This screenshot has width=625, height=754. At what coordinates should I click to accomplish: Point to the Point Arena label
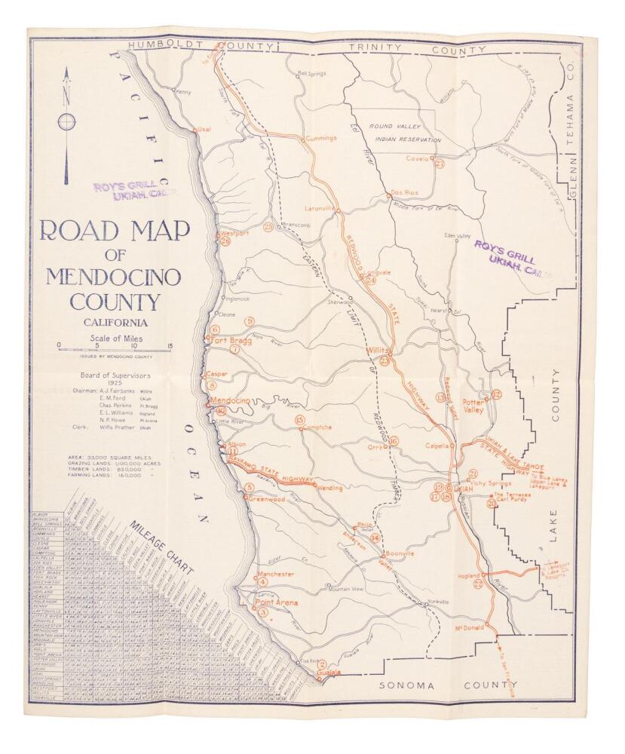point(276,603)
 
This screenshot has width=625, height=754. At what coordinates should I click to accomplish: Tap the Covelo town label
point(417,159)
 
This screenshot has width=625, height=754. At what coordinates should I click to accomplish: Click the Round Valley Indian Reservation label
point(401,133)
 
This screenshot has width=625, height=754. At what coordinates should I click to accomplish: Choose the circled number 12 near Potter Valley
point(496,394)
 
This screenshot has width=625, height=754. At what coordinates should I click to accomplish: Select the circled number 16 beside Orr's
point(394,441)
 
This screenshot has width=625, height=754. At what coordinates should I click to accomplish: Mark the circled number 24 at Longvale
point(370,280)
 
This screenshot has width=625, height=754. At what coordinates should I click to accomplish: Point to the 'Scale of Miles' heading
point(115,338)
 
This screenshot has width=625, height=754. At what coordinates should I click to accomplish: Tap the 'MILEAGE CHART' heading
point(161,545)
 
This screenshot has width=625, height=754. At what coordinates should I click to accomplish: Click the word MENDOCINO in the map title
point(113,277)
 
